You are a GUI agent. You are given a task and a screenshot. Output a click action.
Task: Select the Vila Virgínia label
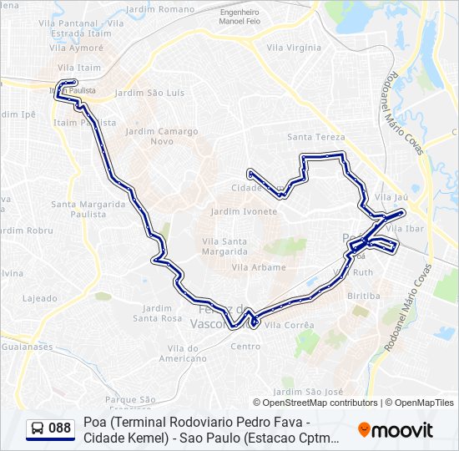pyautogui.click(x=293, y=48)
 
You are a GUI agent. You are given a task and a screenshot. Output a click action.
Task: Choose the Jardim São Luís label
pyautogui.click(x=149, y=93)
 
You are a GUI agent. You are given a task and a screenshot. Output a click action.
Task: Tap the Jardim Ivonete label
pyautogui.click(x=244, y=212)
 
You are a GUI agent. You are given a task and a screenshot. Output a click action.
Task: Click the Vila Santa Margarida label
pyautogui.click(x=224, y=246)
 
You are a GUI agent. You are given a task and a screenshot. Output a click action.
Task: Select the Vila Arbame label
pyautogui.click(x=259, y=268)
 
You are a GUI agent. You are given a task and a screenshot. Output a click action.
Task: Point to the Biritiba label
pyautogui.click(x=363, y=296)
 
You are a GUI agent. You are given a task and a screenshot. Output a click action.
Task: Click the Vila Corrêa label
pyautogui.click(x=289, y=325)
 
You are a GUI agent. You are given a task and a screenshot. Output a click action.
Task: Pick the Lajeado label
pyautogui.click(x=40, y=298)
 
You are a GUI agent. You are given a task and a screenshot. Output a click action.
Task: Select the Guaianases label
pyautogui.click(x=26, y=347)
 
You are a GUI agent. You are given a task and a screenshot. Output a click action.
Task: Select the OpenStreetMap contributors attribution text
pyautogui.click(x=321, y=403)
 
